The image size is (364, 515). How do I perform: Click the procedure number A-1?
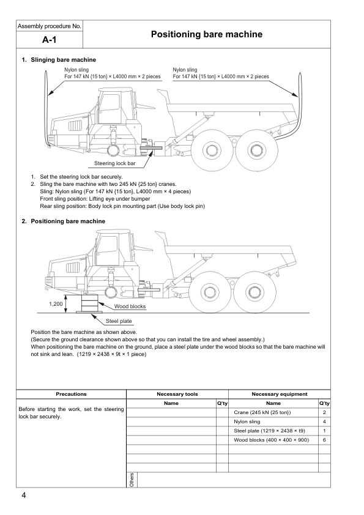click(50, 40)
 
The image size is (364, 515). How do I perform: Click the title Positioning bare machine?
click(207, 34)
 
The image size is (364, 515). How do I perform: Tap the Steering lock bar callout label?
click(114, 163)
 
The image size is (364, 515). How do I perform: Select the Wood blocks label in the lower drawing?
click(130, 306)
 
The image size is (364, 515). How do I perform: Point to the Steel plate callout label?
click(119, 321)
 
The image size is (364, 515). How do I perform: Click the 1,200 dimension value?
click(56, 304)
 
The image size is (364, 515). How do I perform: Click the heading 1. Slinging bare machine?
click(59, 60)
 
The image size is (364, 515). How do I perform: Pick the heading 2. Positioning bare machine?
click(64, 221)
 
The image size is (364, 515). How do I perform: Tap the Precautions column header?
click(71, 394)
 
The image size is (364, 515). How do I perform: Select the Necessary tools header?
click(177, 394)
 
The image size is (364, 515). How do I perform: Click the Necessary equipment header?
click(280, 394)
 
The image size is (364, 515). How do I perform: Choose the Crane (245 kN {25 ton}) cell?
click(262, 412)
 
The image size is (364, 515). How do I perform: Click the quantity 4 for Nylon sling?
click(324, 421)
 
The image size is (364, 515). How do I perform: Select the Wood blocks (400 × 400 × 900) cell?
click(272, 440)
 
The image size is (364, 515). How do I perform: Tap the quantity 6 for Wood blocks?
click(324, 440)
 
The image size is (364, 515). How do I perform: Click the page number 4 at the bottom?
click(24, 495)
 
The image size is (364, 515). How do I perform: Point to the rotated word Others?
click(132, 480)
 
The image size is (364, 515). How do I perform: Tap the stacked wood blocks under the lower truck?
click(89, 303)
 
